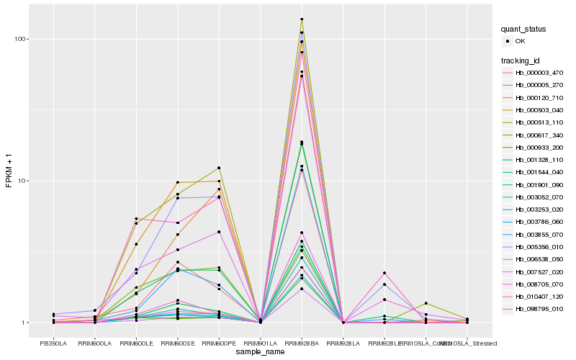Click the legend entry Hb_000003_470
coord(539,73)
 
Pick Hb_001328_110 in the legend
coord(539,159)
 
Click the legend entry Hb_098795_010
coord(539,308)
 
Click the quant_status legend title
coord(524,30)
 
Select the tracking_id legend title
coord(522,60)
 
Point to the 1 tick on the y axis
coord(24,323)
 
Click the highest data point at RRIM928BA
coord(302,19)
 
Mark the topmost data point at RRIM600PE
coord(219,168)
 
